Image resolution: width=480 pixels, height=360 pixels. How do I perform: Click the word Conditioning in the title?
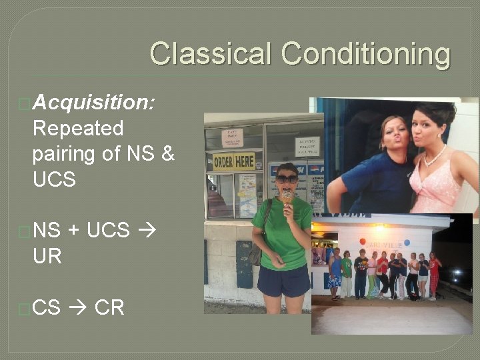(365, 55)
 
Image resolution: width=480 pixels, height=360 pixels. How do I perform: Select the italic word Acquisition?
(94, 102)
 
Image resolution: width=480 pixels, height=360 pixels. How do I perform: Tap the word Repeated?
(78, 128)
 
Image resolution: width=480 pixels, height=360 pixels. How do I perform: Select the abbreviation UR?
(47, 256)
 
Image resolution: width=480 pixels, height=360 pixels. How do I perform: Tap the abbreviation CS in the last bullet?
(46, 307)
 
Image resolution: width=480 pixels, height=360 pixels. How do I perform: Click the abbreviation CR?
(109, 307)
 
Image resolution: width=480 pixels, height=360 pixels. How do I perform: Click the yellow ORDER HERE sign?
(233, 161)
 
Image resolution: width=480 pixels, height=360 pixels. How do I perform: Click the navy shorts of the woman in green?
(283, 281)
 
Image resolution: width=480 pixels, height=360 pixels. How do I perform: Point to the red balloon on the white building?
(361, 241)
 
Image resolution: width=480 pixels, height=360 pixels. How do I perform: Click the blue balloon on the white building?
(406, 243)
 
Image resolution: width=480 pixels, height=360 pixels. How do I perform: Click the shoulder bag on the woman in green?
(255, 253)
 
